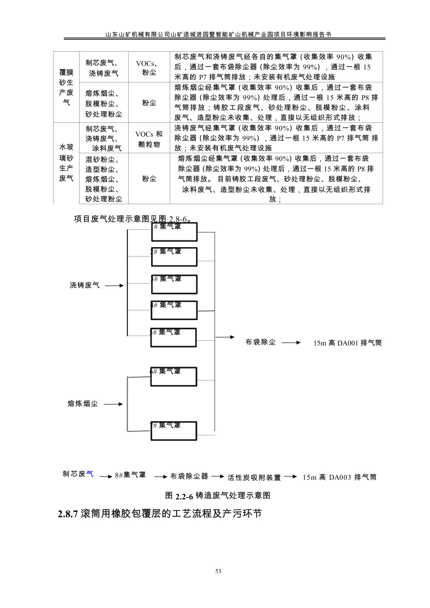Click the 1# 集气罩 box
174,232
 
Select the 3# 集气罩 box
174,284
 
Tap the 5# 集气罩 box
173,337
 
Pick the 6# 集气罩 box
174,376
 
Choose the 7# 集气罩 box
174,431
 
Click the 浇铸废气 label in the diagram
85,285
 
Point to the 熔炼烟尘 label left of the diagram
83,404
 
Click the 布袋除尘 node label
261,342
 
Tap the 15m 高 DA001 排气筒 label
347,343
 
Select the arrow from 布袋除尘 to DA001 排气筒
291,342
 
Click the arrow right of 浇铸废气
116,285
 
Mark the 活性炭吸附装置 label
254,478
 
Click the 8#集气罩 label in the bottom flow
130,475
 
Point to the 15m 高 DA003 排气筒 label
340,477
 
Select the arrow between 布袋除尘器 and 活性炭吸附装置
218,477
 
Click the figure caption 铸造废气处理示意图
218,495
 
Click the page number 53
218,571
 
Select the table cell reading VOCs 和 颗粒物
149,139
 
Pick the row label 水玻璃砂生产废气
66,163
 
